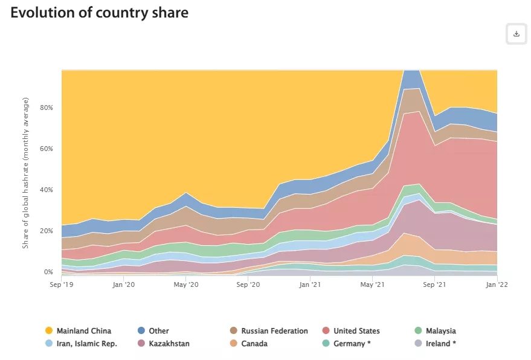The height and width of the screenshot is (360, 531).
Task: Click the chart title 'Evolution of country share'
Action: [x=100, y=13]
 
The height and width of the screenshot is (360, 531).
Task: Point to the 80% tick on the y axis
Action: [x=47, y=108]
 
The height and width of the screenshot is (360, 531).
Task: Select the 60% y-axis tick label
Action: [x=47, y=149]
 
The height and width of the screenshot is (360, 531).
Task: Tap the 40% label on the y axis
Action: [x=47, y=190]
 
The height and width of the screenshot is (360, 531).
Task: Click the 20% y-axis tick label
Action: [x=47, y=231]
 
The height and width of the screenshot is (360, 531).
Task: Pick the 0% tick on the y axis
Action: [x=49, y=272]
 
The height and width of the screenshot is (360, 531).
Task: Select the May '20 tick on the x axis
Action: [x=186, y=283]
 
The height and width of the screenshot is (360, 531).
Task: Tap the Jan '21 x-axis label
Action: [x=310, y=283]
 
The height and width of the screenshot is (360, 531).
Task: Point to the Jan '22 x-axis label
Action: [x=497, y=283]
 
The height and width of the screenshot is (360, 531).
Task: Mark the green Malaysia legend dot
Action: [x=418, y=331]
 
